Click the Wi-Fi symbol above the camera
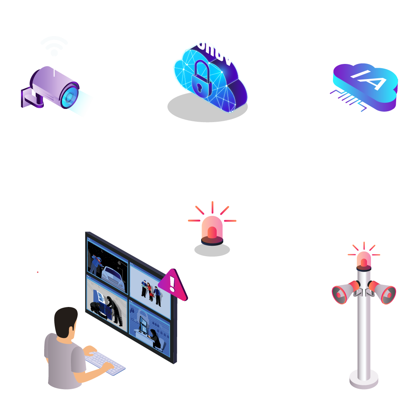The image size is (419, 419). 54,46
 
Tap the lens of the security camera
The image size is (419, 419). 69,96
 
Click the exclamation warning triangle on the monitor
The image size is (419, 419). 173,285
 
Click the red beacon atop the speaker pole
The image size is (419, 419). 364,260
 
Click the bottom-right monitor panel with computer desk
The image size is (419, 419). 150,331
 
